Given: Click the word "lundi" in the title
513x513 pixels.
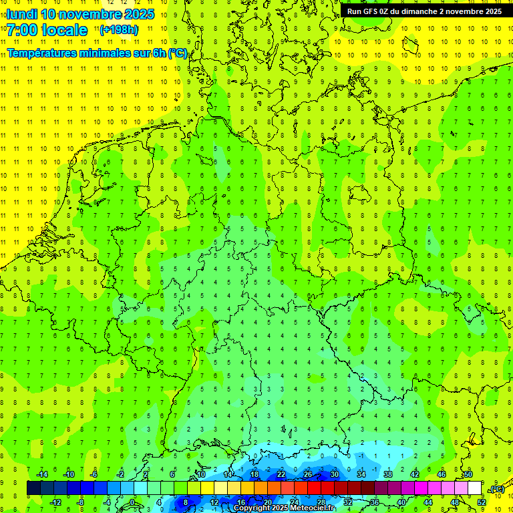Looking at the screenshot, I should [x=21, y=14].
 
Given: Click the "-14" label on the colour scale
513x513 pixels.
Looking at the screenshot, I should [x=41, y=474].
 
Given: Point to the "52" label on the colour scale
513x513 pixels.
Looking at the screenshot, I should [x=481, y=502].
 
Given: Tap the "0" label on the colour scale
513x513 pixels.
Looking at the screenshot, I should [x=132, y=502].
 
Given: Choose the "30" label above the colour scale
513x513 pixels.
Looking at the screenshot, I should [x=335, y=474].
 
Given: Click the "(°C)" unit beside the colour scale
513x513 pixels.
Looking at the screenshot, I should [x=496, y=489].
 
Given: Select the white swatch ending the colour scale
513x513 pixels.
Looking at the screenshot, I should [x=474, y=488].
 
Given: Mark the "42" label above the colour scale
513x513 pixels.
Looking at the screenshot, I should [x=415, y=474].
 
